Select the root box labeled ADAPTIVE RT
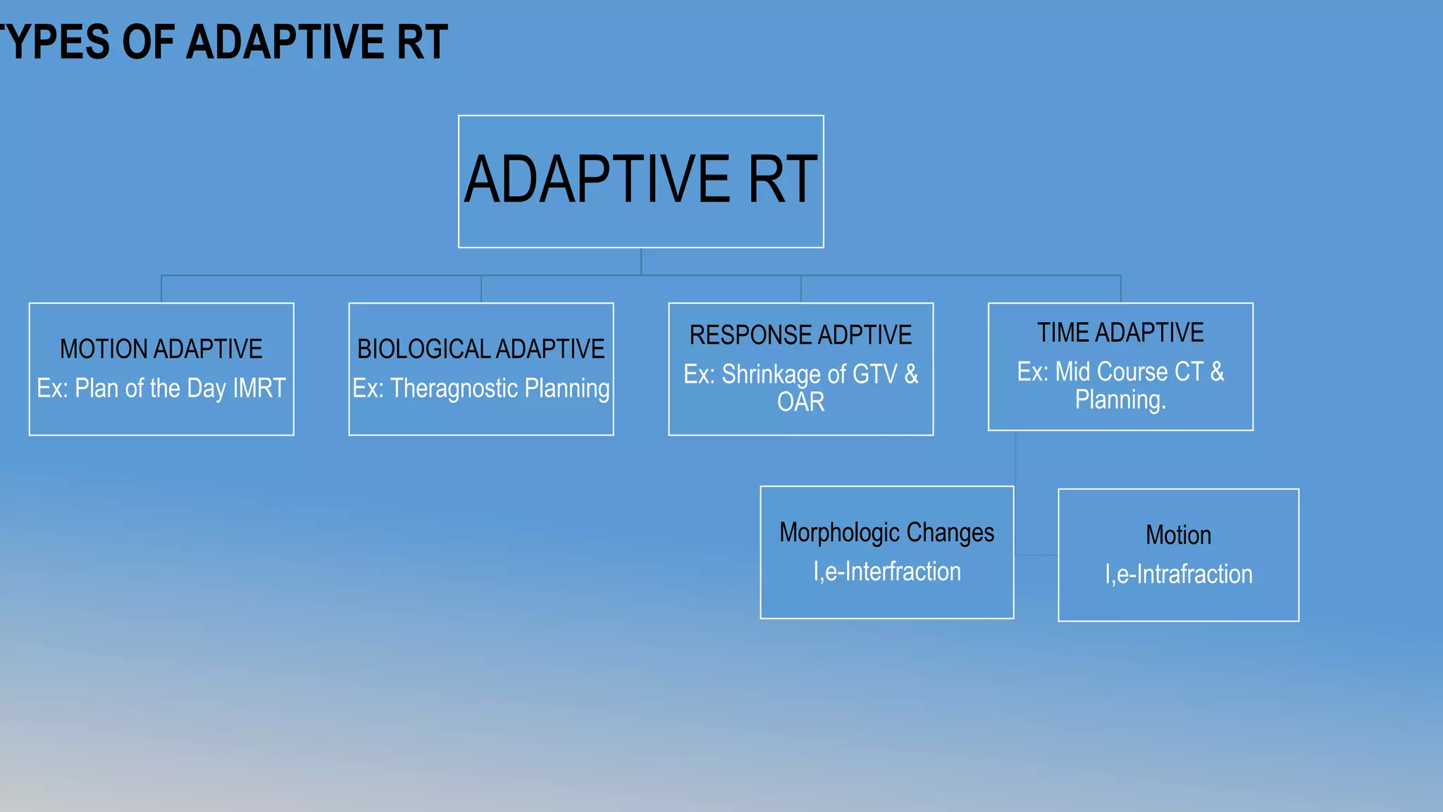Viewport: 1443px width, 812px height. click(640, 181)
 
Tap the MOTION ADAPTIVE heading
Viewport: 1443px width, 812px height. click(161, 349)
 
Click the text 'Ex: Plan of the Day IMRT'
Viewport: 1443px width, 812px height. click(161, 388)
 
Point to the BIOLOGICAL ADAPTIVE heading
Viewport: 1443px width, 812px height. click(481, 349)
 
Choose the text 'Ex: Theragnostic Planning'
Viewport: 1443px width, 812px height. click(481, 388)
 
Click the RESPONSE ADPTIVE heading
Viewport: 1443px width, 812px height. click(800, 335)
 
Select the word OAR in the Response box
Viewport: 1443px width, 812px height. click(800, 402)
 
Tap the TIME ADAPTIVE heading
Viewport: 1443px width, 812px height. click(1120, 333)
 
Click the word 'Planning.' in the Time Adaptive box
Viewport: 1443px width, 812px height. click(1120, 400)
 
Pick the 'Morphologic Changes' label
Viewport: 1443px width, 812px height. click(886, 533)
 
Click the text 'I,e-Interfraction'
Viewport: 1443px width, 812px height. click(886, 572)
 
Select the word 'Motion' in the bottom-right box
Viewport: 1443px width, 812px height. click(1178, 535)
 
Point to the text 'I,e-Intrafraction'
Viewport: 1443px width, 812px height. click(1178, 574)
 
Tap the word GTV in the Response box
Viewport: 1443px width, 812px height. click(874, 374)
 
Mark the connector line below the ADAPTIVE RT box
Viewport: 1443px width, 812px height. click(640, 262)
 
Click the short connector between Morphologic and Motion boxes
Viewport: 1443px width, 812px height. click(1036, 555)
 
